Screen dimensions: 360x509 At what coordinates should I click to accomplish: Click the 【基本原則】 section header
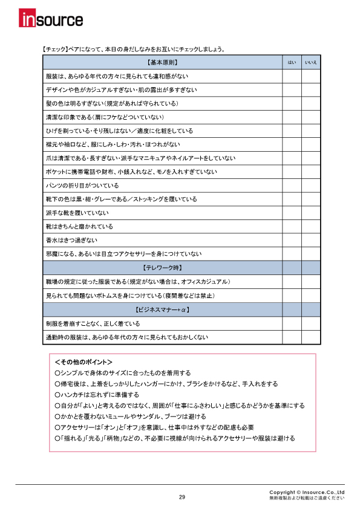click(x=162, y=62)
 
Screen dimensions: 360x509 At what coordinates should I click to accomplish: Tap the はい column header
click(x=292, y=62)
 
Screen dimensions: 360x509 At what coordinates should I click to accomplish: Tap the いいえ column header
click(x=311, y=62)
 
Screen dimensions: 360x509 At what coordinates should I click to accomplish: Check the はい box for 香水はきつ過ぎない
click(x=292, y=240)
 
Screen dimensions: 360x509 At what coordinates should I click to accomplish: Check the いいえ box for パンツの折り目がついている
click(x=311, y=186)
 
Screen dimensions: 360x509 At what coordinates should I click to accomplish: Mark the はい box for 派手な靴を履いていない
click(x=292, y=213)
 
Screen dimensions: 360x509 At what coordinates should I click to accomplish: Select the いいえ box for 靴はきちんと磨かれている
click(x=311, y=227)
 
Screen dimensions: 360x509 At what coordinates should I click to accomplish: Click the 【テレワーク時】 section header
click(x=162, y=267)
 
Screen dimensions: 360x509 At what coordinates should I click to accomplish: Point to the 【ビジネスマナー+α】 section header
click(x=162, y=310)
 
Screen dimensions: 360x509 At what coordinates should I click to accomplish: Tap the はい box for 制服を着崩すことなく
click(x=292, y=323)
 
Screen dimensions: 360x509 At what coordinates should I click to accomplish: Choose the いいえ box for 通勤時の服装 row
click(x=311, y=337)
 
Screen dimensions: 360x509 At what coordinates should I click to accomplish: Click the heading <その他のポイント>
click(x=83, y=362)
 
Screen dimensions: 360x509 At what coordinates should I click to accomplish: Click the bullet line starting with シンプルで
click(x=122, y=373)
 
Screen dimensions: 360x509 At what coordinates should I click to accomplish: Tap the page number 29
click(x=182, y=497)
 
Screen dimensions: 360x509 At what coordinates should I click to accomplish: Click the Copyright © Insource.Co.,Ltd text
click(x=307, y=492)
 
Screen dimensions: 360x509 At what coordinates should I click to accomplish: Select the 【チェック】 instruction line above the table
click(x=130, y=49)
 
